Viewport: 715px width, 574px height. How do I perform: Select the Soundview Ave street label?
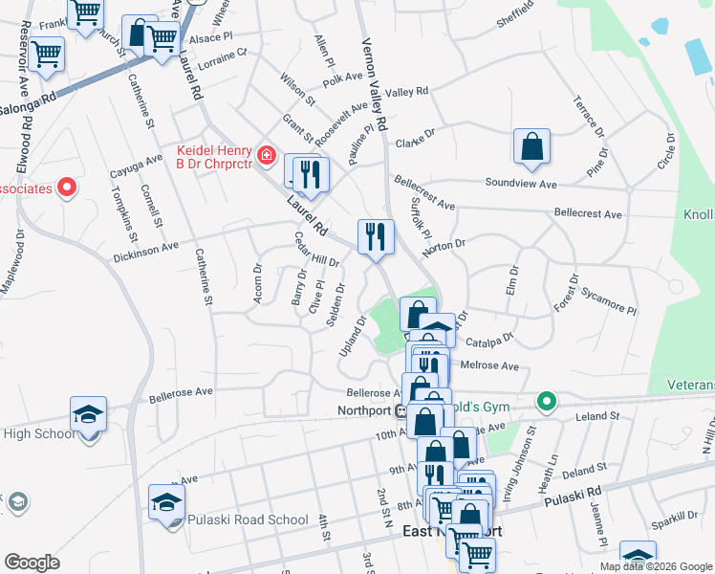click(520, 183)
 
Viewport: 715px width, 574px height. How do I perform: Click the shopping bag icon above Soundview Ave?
click(531, 145)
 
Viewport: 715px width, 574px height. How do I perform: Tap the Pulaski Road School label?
click(234, 520)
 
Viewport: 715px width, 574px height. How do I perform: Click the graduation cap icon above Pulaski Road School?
click(166, 502)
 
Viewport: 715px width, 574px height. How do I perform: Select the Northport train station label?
click(365, 410)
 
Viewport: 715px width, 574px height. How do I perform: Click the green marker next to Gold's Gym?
click(546, 401)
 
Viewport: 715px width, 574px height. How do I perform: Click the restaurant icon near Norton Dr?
click(376, 236)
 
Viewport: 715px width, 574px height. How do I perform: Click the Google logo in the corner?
click(32, 563)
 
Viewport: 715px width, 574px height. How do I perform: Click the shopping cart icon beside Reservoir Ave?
click(46, 55)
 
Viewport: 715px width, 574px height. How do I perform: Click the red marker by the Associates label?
click(67, 188)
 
